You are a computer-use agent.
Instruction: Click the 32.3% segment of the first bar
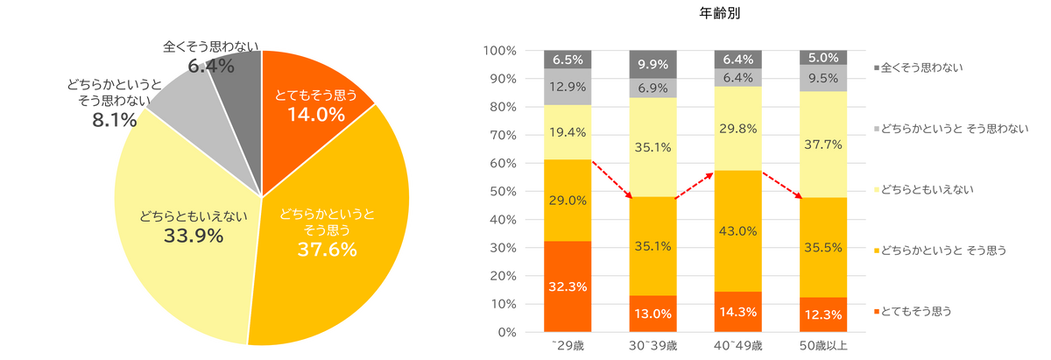568,286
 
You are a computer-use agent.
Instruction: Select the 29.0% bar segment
568,201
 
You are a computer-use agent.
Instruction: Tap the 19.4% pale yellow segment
568,132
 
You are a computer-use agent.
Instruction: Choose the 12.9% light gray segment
568,87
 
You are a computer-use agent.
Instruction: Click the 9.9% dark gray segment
653,64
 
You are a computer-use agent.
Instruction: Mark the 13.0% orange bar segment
653,314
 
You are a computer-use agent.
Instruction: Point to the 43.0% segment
738,231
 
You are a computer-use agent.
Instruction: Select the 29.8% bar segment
738,129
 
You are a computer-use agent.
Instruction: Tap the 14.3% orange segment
738,311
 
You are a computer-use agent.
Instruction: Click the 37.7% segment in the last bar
823,145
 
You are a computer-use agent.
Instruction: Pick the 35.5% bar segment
823,248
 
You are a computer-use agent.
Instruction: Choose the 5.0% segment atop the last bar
823,58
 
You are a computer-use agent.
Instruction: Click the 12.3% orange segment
823,314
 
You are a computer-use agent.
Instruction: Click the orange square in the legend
878,311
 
